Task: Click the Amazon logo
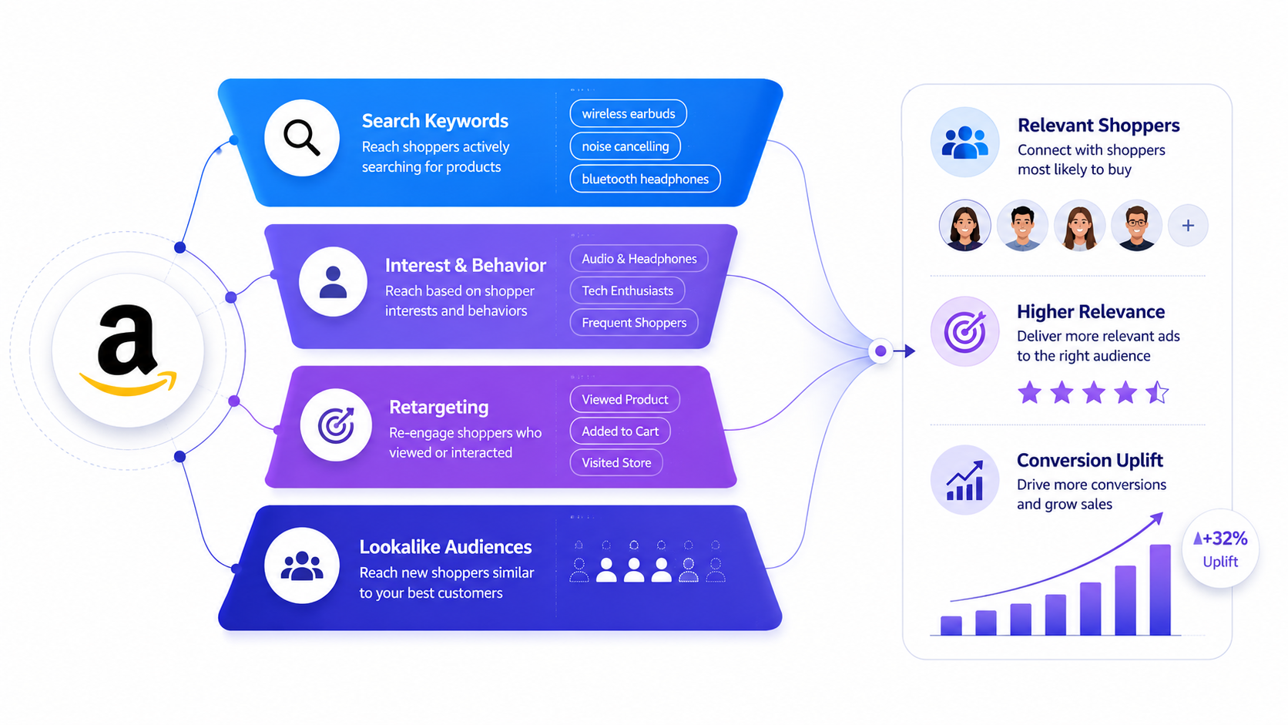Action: (x=128, y=350)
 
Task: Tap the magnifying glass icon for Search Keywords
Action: (x=301, y=138)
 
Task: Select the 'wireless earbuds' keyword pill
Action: (x=628, y=113)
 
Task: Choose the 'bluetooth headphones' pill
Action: (x=645, y=179)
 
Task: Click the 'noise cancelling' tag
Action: (x=625, y=146)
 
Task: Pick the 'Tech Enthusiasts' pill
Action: (x=627, y=290)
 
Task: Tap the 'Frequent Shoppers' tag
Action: (x=634, y=323)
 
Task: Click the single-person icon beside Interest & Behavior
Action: (x=333, y=282)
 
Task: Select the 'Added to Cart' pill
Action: (x=620, y=431)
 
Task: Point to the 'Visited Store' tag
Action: (x=615, y=463)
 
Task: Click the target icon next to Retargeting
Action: (x=337, y=425)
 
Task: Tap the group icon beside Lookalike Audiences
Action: (x=302, y=566)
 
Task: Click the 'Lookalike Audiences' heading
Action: (x=445, y=547)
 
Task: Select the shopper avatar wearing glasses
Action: (x=1136, y=226)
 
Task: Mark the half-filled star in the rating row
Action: (x=1157, y=393)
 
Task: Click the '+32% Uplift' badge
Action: (x=1220, y=549)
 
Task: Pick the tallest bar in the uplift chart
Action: (x=1160, y=590)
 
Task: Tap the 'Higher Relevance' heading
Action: (x=1091, y=311)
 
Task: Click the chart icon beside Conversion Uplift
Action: (x=965, y=480)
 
